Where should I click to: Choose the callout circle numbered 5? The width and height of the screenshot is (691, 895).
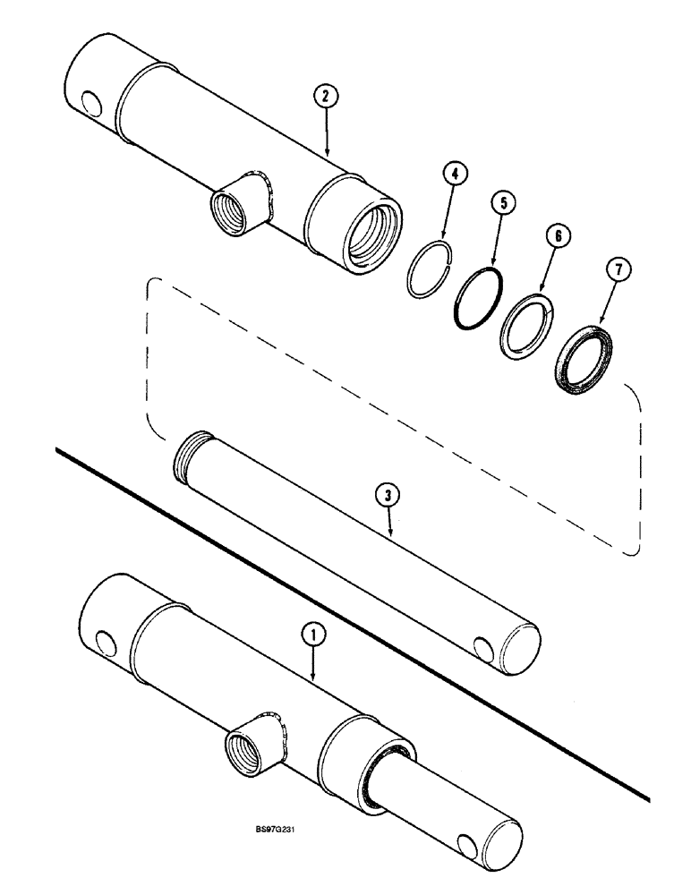tap(503, 203)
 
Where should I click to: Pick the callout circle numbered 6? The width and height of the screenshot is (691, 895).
tap(556, 236)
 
